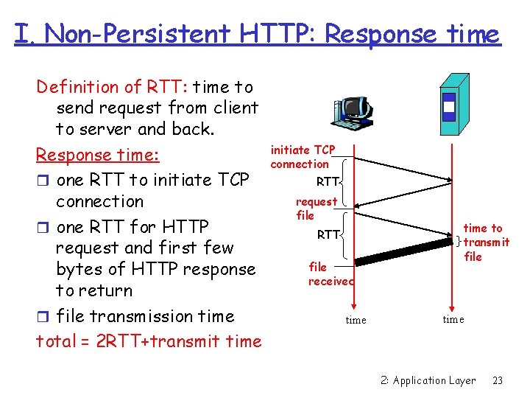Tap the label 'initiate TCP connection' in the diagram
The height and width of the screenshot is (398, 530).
[302, 157]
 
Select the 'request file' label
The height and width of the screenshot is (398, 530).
[316, 209]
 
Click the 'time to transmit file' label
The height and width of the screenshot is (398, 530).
[483, 242]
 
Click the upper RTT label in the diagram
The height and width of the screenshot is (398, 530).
[328, 181]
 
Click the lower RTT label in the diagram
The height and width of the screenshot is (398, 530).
[328, 235]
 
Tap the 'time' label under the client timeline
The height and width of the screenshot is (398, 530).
[356, 320]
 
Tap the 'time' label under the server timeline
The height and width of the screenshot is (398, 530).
[453, 319]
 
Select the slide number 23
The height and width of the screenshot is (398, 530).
[498, 380]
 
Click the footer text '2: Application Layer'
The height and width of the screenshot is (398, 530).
[428, 380]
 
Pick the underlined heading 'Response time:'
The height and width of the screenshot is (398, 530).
[98, 156]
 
